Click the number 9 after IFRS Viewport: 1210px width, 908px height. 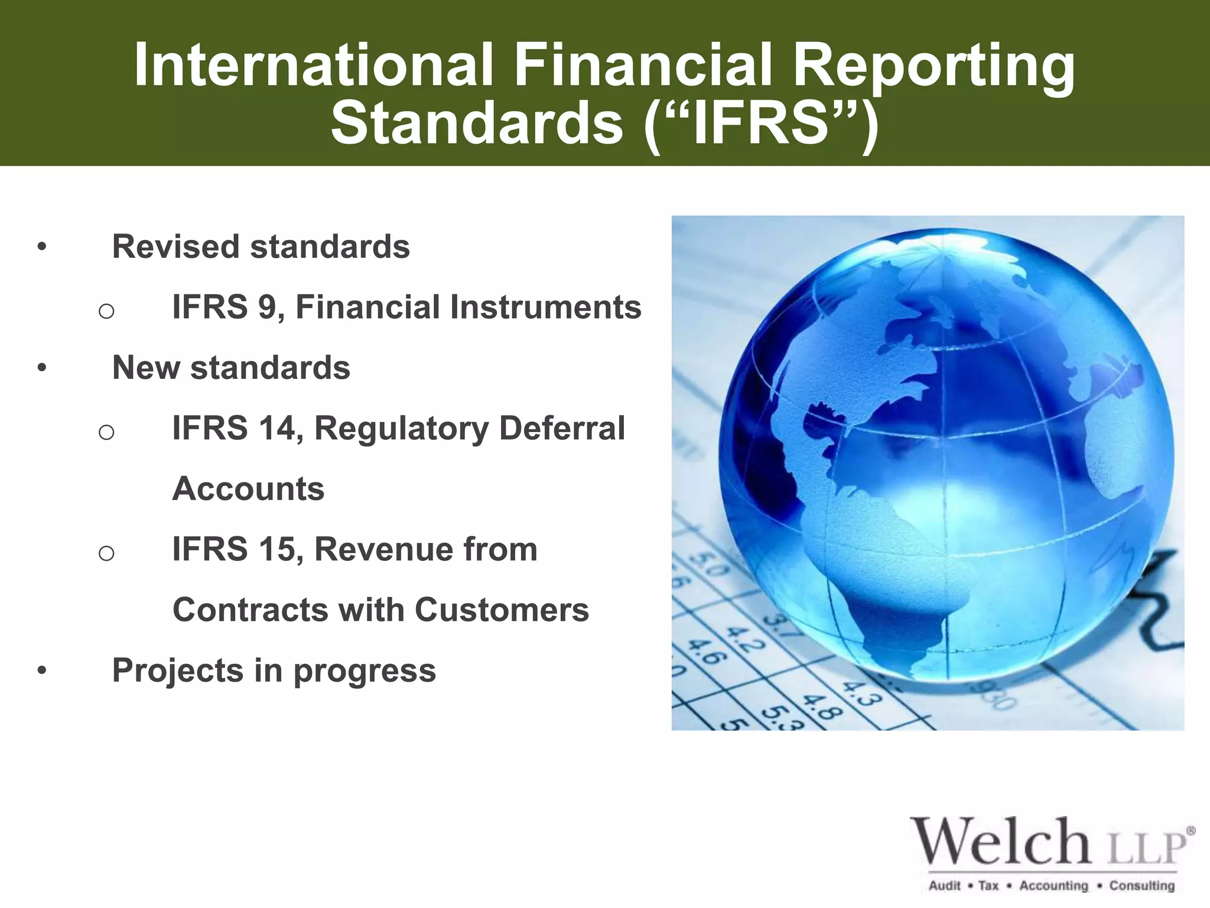coord(266,307)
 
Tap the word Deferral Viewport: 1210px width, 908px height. coord(562,428)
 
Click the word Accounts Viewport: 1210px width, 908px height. coord(248,489)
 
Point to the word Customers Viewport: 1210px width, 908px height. coord(502,609)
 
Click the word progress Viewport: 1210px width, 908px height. coord(365,671)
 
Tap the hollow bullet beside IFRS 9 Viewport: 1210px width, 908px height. coord(106,311)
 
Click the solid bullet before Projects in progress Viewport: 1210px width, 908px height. coord(41,670)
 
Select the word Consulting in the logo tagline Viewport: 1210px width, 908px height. coord(1141,886)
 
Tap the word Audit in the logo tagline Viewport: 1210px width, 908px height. coord(944,886)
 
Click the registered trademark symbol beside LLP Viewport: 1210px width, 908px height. coord(1191,831)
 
